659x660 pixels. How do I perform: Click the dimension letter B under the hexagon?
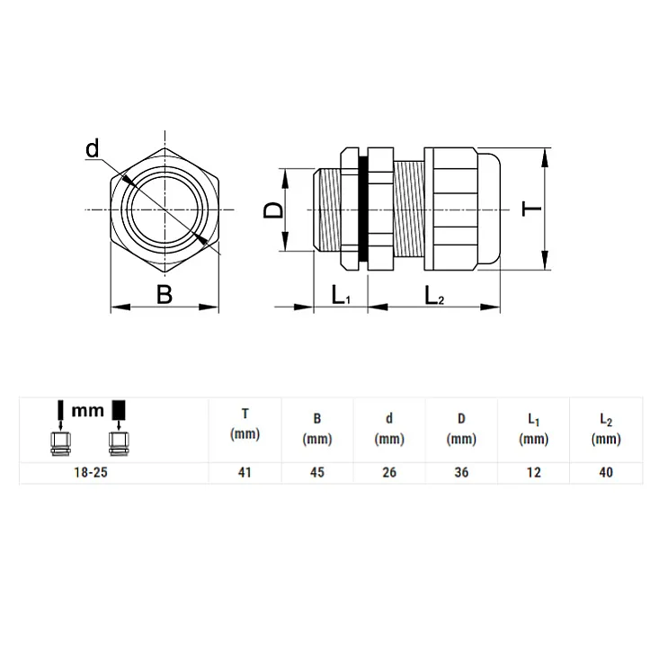click(x=164, y=294)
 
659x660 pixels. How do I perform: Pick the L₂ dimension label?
click(x=434, y=295)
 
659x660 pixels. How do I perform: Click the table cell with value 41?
click(x=245, y=473)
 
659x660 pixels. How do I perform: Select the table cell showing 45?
click(x=317, y=473)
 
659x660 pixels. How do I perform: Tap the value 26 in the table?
click(x=388, y=473)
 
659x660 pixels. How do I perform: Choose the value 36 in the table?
click(x=461, y=473)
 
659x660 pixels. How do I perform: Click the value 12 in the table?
click(x=534, y=473)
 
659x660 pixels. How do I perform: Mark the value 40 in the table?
click(x=606, y=473)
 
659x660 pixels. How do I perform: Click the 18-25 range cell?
click(x=89, y=473)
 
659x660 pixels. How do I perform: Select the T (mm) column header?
click(x=245, y=424)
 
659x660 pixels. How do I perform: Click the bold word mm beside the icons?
click(x=88, y=411)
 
